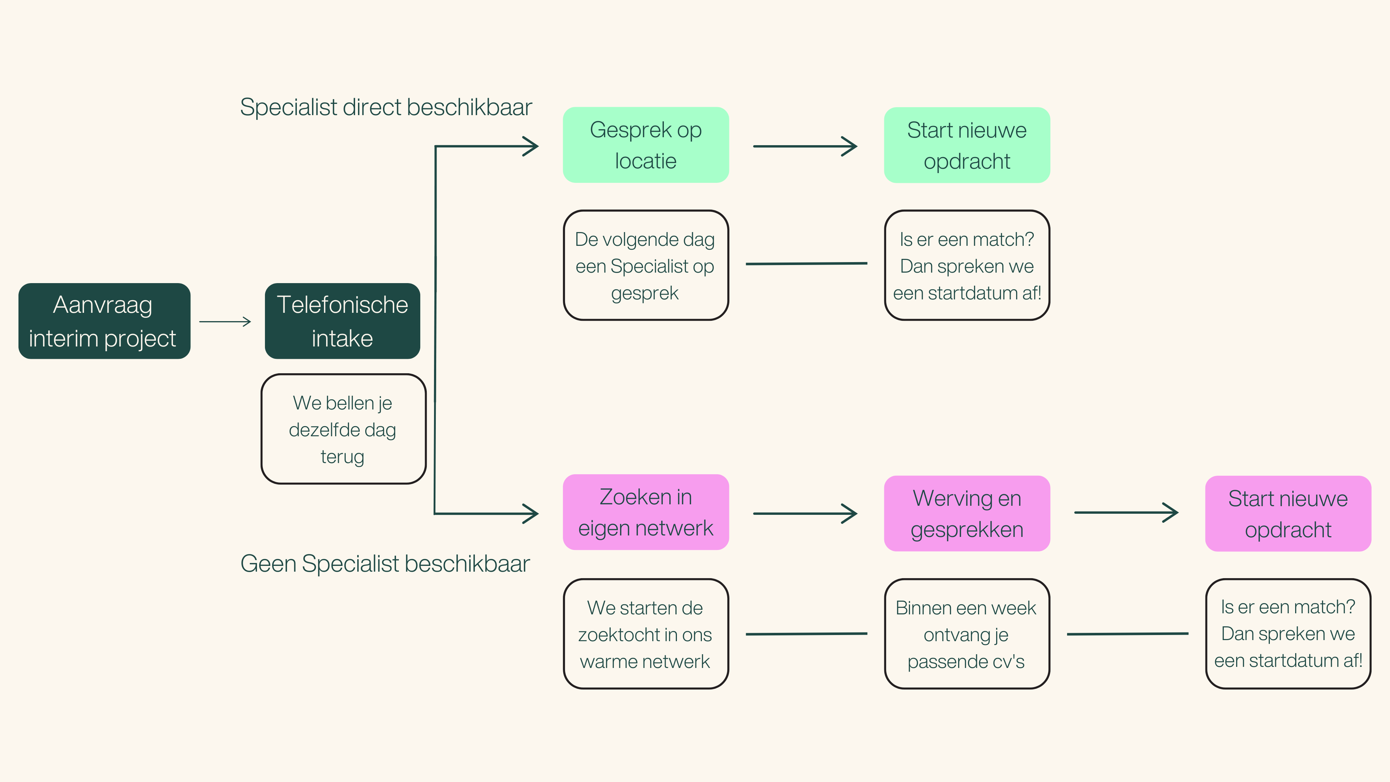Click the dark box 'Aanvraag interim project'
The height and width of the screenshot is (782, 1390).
104,321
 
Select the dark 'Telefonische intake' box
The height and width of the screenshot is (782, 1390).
342,321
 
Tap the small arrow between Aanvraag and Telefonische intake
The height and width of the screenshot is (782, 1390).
226,321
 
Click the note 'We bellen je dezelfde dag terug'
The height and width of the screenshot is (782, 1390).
343,429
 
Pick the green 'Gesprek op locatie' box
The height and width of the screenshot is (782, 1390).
645,145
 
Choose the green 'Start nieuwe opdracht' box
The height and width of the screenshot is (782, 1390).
966,145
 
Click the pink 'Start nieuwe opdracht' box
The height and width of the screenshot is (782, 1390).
1288,513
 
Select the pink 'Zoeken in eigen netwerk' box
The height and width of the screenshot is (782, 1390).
645,512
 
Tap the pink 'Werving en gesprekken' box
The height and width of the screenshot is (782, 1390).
966,513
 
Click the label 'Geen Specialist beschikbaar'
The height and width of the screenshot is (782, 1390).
385,563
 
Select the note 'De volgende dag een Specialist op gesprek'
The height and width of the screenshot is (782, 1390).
645,265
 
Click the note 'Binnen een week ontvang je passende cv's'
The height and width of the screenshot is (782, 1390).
966,634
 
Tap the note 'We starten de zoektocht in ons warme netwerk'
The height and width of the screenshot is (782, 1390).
645,634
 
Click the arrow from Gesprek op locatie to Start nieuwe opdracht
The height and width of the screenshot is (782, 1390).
805,146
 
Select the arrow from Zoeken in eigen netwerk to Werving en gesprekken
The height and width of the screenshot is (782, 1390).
805,514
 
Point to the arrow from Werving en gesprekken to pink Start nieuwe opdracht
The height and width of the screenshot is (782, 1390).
1126,513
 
